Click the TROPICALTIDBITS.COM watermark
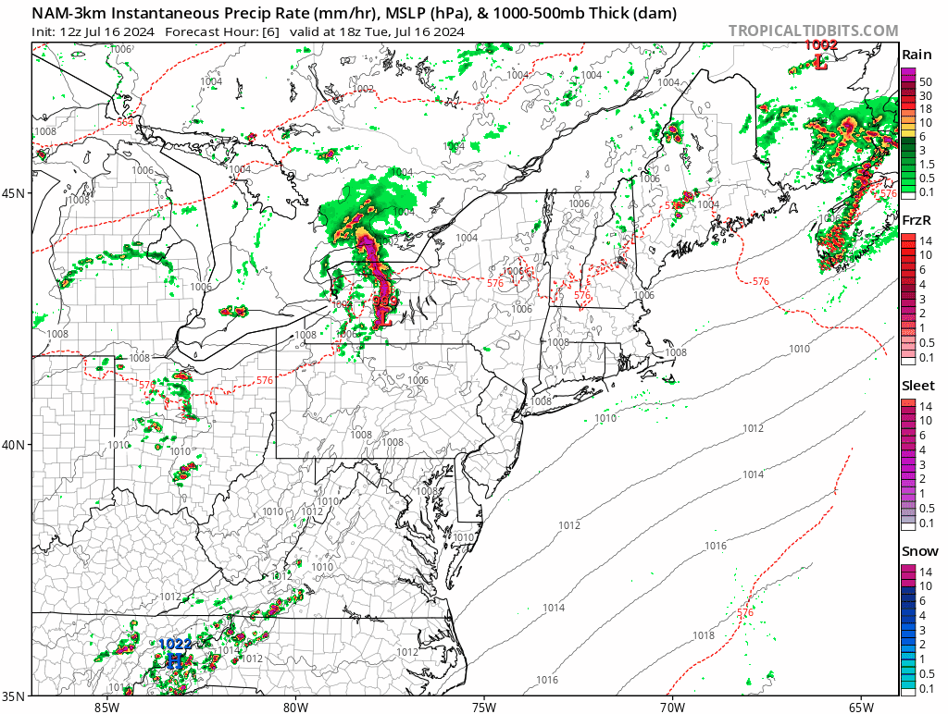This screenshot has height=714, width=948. tap(813, 31)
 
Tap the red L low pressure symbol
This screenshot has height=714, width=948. tap(820, 61)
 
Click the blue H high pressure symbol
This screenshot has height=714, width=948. tap(174, 659)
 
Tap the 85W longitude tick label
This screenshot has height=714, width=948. tap(106, 708)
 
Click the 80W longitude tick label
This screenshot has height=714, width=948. tap(295, 708)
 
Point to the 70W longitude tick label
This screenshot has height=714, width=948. tap(672, 708)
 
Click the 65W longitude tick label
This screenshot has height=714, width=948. tap(861, 708)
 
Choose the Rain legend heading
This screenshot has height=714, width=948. tap(917, 55)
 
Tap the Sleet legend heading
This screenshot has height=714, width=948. tap(918, 385)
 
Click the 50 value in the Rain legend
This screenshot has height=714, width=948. tap(925, 81)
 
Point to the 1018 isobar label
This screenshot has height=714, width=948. tap(704, 635)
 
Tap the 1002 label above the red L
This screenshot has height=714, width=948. tap(820, 44)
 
